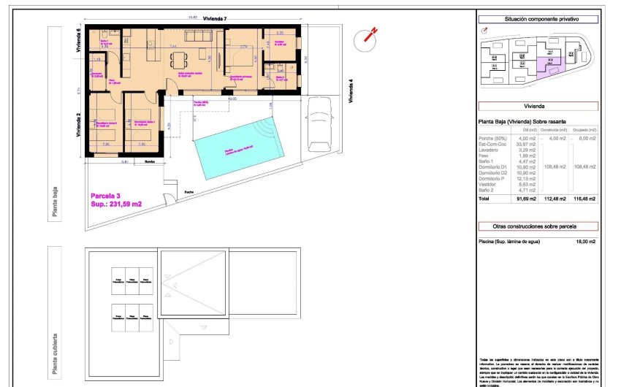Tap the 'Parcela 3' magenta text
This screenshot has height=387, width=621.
coord(106,196)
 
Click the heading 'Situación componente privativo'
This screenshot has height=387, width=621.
coord(537,20)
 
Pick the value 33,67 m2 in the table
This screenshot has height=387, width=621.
coord(526,144)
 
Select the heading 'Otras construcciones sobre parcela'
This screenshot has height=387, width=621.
coord(537,226)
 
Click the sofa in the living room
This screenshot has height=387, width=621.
coord(198,37)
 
